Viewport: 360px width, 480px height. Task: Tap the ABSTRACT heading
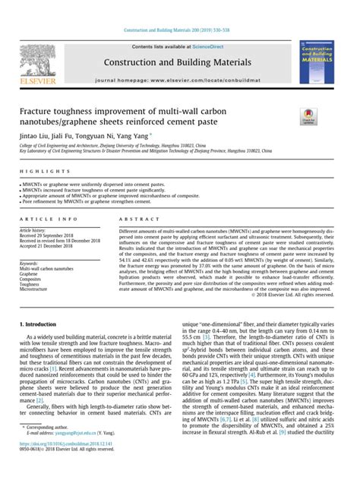coord(135,218)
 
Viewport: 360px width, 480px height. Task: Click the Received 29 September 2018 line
coord(52,235)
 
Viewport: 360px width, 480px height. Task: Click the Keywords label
coord(31,263)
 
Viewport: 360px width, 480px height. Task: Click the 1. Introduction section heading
coord(43,346)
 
